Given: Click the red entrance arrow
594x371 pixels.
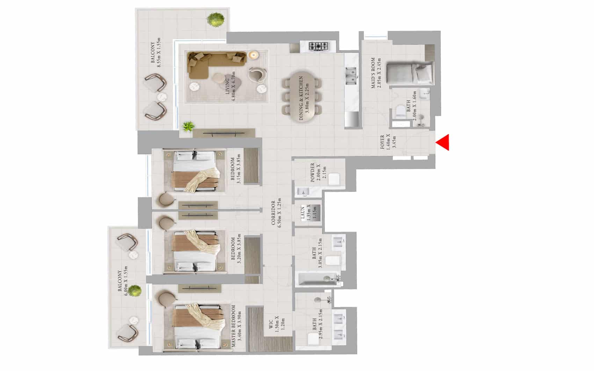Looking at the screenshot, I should [443, 142].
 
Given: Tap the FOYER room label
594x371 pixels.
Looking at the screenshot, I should [382, 142].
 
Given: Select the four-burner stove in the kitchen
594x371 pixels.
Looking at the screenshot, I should [318, 46].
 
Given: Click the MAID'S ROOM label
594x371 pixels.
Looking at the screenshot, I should [373, 73].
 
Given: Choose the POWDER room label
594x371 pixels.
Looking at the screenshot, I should [313, 173].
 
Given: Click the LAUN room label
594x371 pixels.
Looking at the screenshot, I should [303, 213].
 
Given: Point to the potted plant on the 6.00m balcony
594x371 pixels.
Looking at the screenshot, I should [134, 290].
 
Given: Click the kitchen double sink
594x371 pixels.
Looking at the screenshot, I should [351, 75].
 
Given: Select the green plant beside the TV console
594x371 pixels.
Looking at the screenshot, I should [188, 126].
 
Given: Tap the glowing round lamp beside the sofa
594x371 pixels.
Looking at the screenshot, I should [253, 54].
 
